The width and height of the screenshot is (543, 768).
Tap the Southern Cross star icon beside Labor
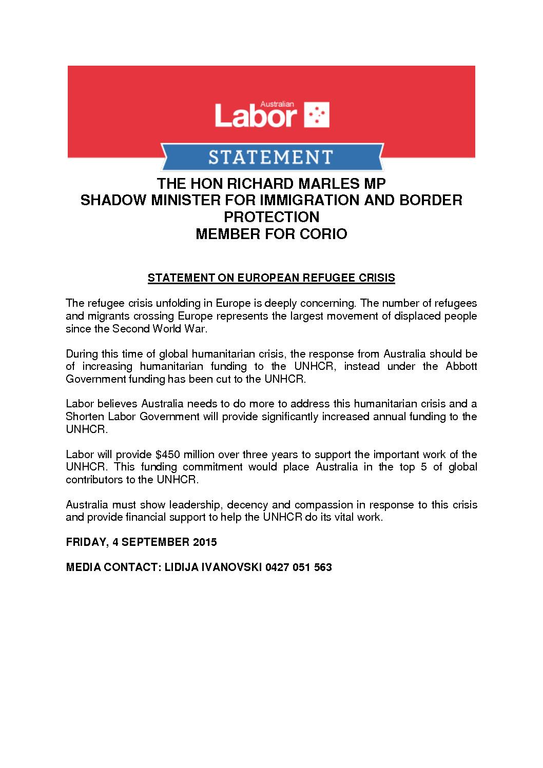pos(317,115)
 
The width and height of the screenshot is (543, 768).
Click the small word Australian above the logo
pos(277,104)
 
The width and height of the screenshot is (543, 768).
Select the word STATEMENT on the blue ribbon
pos(270,157)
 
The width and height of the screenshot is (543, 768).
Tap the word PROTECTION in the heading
pos(271,217)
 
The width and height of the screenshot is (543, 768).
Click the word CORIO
pos(323,234)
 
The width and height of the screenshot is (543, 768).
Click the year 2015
pos(204,542)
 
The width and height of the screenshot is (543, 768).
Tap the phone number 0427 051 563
pos(299,567)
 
